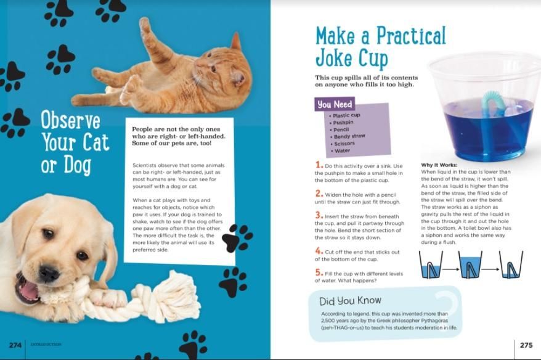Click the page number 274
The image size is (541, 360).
(15, 345)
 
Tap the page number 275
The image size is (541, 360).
(526, 345)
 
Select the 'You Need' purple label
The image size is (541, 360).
(335, 104)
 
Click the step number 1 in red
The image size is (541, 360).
(319, 165)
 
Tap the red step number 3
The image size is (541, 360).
(319, 215)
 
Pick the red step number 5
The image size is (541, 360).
(319, 272)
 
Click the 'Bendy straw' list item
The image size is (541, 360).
(349, 136)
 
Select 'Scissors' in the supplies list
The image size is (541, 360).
(344, 144)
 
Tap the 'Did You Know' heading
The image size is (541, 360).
(350, 301)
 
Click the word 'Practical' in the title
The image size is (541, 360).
(411, 36)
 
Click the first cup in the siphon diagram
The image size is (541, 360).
(431, 264)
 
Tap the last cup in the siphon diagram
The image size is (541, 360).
(511, 264)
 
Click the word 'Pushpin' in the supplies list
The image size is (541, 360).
(343, 123)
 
